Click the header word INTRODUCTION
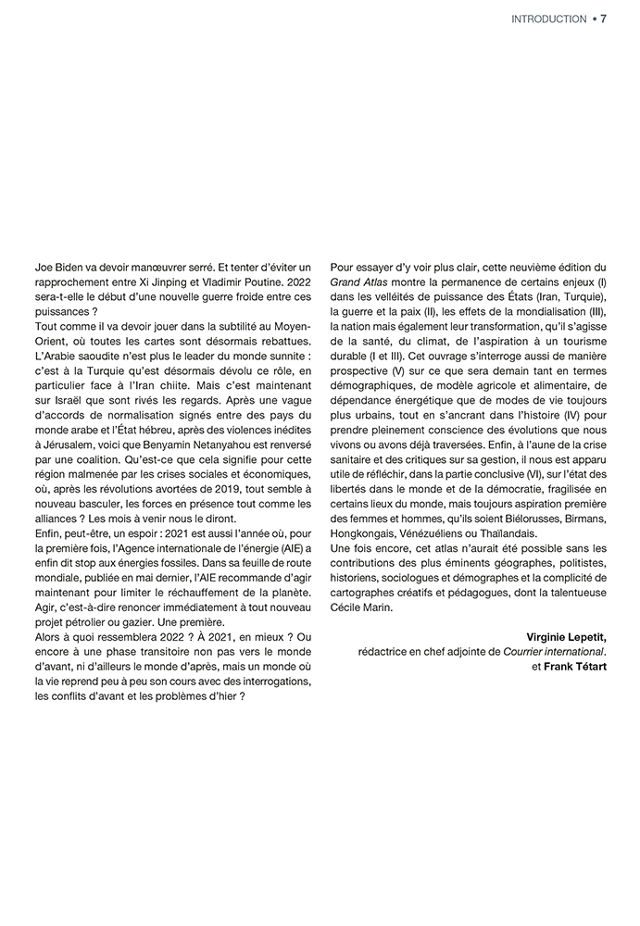click(548, 19)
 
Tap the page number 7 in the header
click(603, 19)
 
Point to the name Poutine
click(270, 282)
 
